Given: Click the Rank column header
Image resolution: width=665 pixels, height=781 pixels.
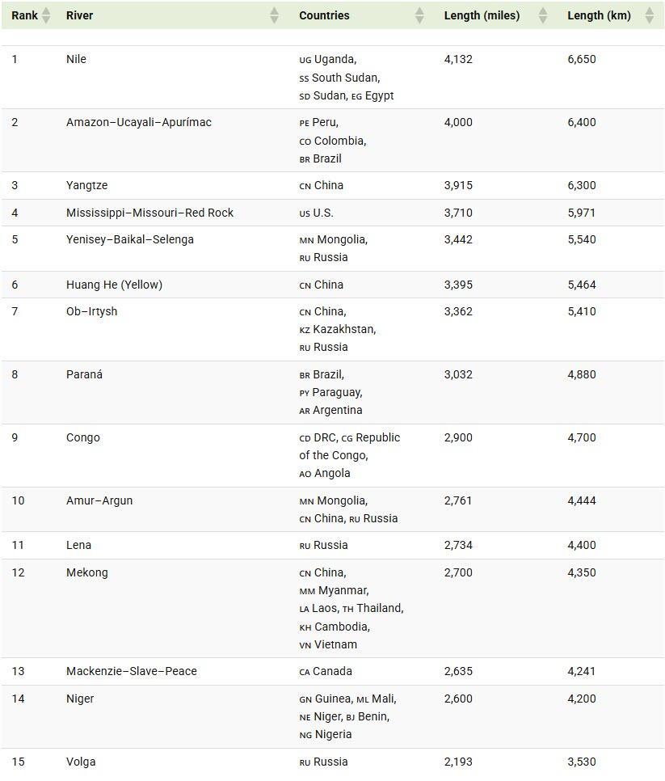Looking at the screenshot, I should (x=24, y=15).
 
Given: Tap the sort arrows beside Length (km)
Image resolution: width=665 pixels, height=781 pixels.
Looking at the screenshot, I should (x=649, y=15).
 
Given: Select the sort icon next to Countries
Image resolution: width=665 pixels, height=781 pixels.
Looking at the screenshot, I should (x=419, y=15).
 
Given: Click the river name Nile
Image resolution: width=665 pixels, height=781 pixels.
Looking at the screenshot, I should (x=76, y=59).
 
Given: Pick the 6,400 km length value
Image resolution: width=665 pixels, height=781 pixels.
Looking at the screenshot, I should (x=582, y=122).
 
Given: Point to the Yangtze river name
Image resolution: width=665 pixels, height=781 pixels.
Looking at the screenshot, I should (x=86, y=185).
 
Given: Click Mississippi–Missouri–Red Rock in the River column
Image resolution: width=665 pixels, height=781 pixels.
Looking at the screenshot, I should (x=149, y=213).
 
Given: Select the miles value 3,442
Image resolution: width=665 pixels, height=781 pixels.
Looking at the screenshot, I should (x=458, y=239).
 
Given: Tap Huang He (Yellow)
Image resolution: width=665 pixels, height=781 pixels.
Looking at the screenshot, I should (x=114, y=285).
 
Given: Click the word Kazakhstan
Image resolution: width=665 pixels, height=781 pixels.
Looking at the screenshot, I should (x=344, y=329).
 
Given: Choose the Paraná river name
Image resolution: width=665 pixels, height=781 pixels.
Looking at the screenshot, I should (x=84, y=374).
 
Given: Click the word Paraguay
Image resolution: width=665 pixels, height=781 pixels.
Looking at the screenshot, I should (x=337, y=392).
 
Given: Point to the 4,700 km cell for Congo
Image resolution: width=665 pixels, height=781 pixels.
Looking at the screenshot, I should (x=582, y=437).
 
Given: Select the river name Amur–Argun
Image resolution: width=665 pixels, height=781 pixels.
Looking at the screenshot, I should (x=99, y=500).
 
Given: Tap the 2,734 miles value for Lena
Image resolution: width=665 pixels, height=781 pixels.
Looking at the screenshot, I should (x=458, y=545).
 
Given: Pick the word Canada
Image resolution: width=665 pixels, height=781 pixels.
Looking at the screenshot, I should (x=333, y=671).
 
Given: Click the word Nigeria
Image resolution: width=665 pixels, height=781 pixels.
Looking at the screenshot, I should (x=333, y=734).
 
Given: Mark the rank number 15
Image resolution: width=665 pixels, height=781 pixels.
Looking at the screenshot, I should (x=18, y=762).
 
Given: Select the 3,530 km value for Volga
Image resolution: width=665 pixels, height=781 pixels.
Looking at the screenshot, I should (x=582, y=762).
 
